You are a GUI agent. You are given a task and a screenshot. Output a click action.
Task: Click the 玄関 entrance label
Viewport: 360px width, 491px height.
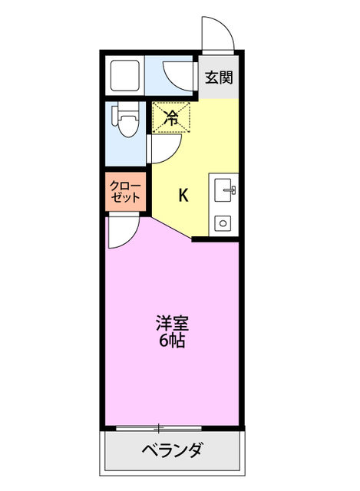pyautogui.click(x=219, y=77)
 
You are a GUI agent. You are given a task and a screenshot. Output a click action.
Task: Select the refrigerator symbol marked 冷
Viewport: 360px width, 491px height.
pyautogui.click(x=171, y=118)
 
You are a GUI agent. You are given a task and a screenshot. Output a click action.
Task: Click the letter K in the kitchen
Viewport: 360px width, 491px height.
pyautogui.click(x=183, y=195)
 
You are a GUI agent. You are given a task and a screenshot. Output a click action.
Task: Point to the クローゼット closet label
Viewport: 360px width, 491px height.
pyautogui.click(x=125, y=191)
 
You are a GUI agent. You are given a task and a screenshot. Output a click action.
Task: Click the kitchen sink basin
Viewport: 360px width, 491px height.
pyautogui.click(x=225, y=187)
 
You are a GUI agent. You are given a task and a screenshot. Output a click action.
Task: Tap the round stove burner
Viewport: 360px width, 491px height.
pyautogui.click(x=224, y=223)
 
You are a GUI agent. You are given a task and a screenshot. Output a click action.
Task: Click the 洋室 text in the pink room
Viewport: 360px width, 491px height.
pyautogui.click(x=172, y=323)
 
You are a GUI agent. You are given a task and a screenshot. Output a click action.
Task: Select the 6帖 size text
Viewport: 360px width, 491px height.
pyautogui.click(x=172, y=341)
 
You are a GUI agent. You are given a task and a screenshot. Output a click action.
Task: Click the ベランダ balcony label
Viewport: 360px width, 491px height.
pyautogui.click(x=172, y=450)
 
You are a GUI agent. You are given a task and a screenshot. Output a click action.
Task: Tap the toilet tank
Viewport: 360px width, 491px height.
pyautogui.click(x=114, y=120)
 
